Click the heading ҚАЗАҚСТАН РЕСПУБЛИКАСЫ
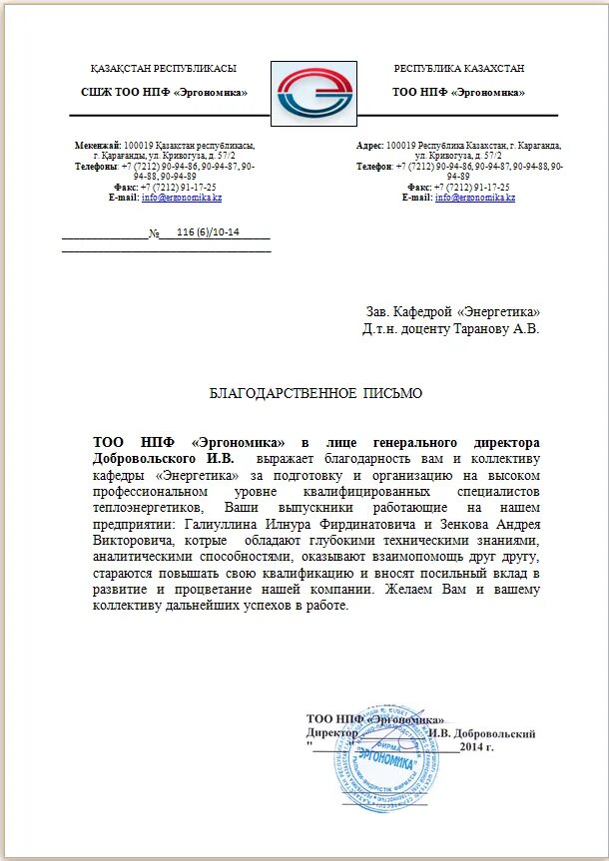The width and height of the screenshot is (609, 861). coord(163,69)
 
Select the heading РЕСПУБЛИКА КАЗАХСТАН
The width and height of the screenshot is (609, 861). coord(458,69)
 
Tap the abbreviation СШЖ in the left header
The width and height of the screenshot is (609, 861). coord(97,92)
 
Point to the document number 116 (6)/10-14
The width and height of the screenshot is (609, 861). coord(208,232)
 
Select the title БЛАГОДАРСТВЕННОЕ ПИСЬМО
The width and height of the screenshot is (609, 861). coord(315,394)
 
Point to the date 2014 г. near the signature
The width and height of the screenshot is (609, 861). coord(477,746)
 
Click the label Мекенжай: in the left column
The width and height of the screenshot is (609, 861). coord(98,146)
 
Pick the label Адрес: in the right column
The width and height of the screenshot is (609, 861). coord(370,146)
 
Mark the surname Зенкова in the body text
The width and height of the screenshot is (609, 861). coord(461,525)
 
